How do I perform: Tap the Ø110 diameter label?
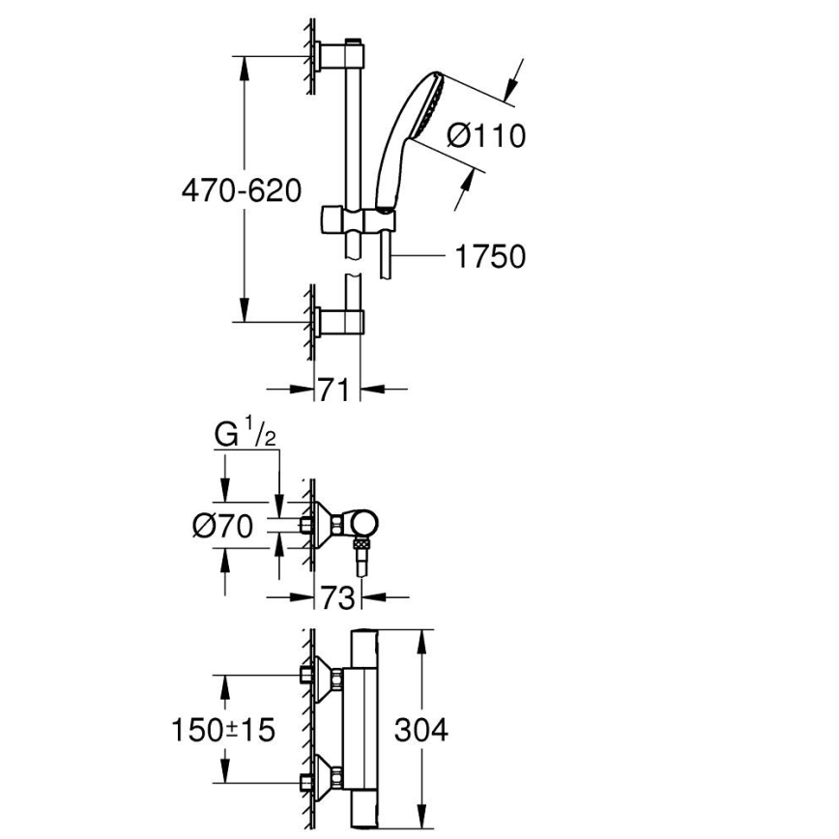click(487, 135)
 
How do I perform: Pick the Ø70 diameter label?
click(222, 526)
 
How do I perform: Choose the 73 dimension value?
click(337, 598)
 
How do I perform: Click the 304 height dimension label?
click(421, 729)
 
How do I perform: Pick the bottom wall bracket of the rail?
click(338, 320)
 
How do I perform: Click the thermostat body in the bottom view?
click(366, 729)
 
